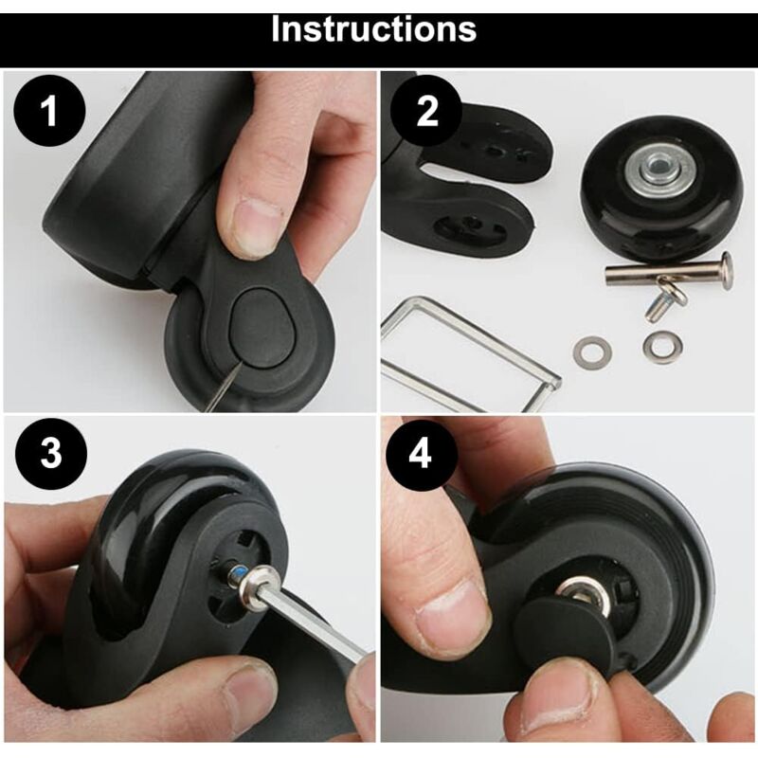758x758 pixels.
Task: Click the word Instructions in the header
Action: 373,29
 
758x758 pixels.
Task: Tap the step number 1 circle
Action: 49,111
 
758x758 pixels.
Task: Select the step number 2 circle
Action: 426,111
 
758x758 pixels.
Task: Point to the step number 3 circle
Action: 51,454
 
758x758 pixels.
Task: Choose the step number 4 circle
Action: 420,454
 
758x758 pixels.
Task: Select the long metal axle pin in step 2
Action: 670,274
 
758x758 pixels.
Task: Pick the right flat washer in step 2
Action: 662,345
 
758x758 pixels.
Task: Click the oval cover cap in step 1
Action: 262,328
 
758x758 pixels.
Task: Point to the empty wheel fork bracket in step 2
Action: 463,183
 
